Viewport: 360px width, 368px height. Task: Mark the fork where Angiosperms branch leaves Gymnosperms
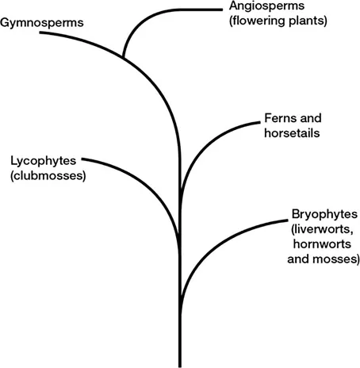(124, 58)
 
